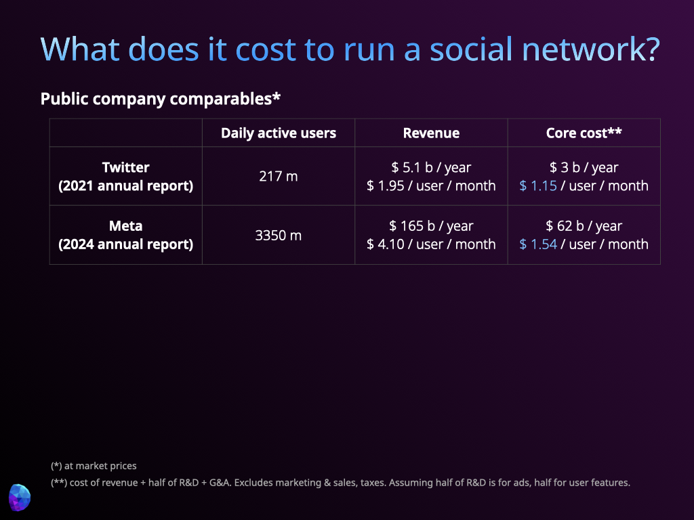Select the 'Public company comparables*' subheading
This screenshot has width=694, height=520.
(x=160, y=99)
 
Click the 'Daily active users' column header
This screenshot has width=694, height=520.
(x=279, y=133)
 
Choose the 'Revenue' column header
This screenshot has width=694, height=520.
(x=431, y=133)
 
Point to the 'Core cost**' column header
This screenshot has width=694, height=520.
(x=584, y=133)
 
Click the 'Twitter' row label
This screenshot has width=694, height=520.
(x=125, y=167)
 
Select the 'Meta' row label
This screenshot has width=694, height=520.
(x=125, y=226)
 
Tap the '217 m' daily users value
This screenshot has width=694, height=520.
(x=279, y=177)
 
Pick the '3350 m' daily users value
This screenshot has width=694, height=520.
(x=279, y=235)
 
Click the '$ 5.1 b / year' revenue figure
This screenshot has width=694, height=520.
(x=431, y=167)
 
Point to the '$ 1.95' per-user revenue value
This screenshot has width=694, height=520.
(x=386, y=186)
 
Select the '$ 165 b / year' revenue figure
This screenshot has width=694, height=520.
(x=431, y=226)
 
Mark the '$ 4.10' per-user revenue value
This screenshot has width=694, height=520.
(x=386, y=244)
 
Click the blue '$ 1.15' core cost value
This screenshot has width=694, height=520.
(x=537, y=186)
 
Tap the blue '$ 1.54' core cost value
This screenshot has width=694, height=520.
(x=537, y=244)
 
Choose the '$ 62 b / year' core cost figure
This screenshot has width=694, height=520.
(x=584, y=226)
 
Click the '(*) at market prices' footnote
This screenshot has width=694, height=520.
(x=94, y=466)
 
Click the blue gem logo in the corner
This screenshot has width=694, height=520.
(x=20, y=498)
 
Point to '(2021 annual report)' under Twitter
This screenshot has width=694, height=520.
(x=125, y=186)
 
